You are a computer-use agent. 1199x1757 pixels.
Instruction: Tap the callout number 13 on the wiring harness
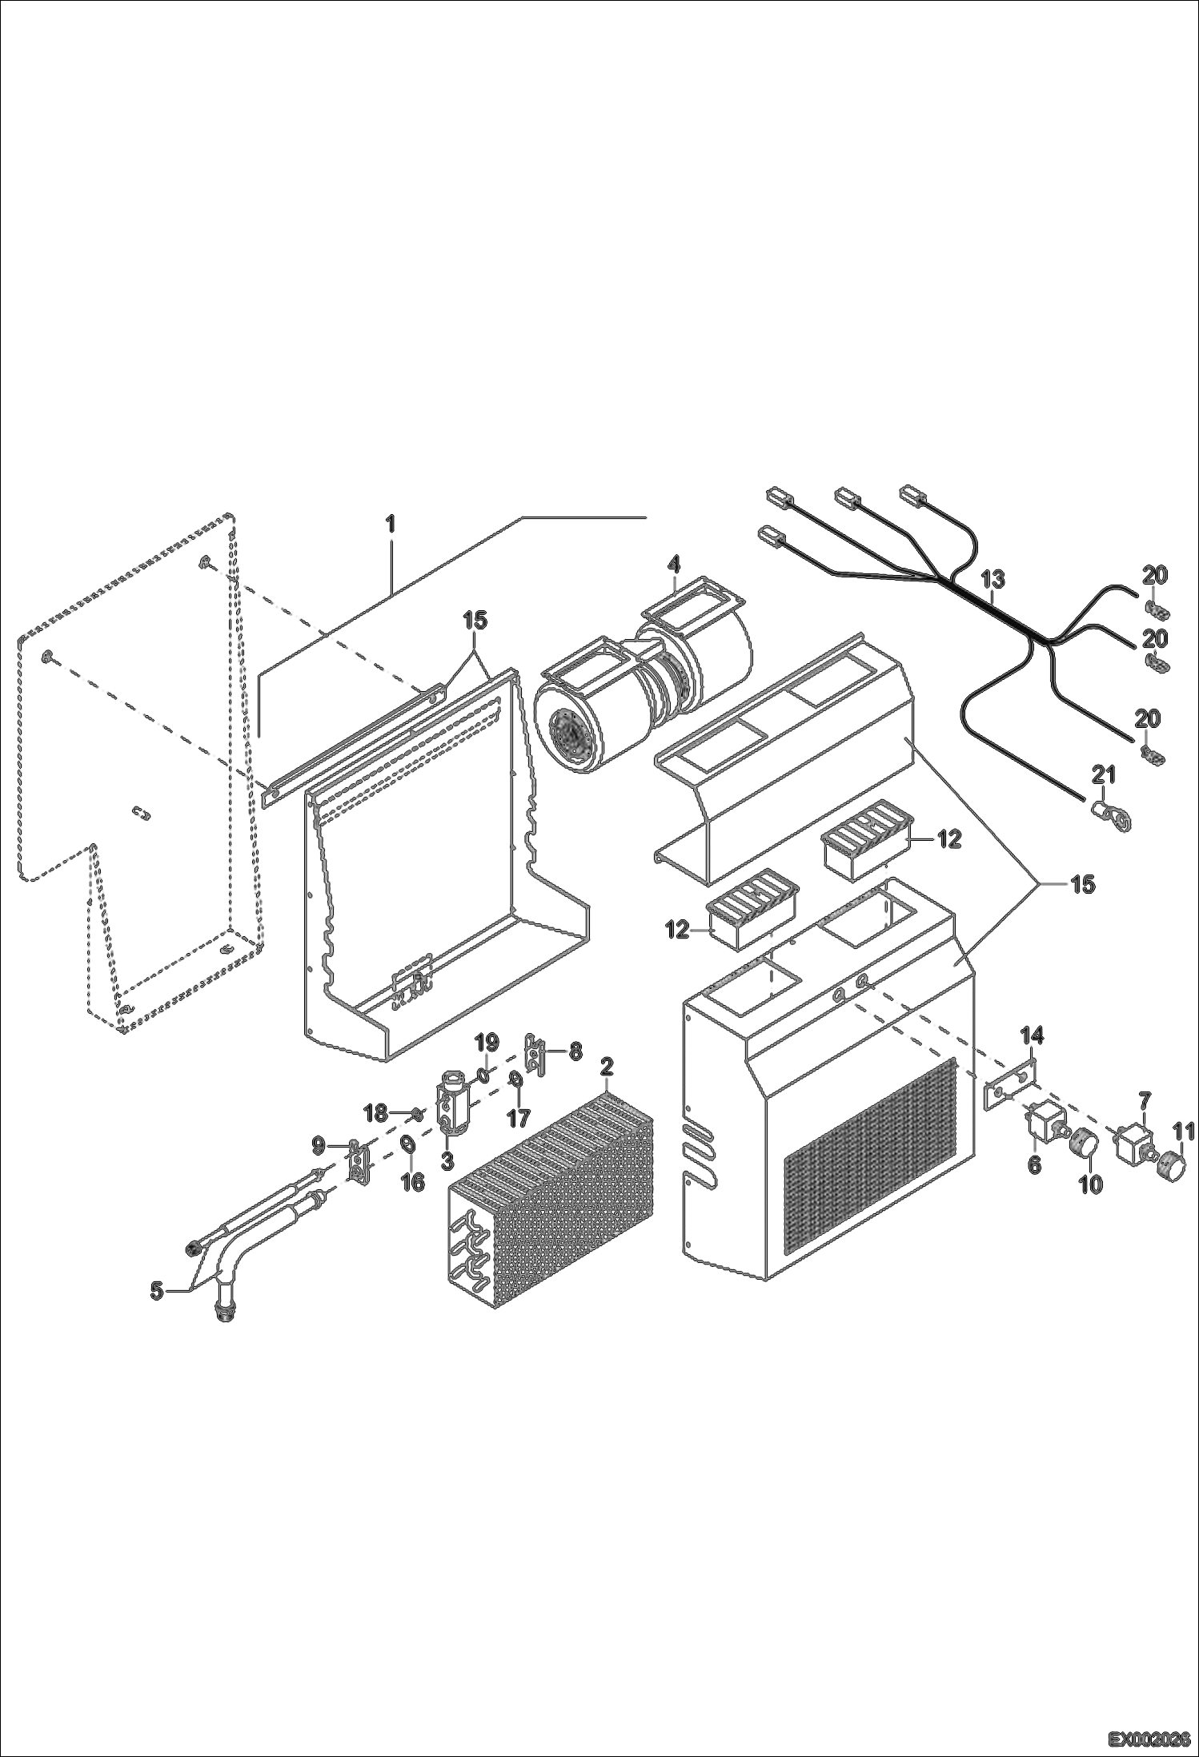pos(992,578)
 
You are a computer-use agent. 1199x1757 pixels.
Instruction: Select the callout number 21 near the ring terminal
pos(1104,774)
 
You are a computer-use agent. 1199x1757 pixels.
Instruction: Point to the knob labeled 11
pos(1172,1164)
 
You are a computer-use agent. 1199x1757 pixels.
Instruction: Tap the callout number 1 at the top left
pos(391,525)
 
